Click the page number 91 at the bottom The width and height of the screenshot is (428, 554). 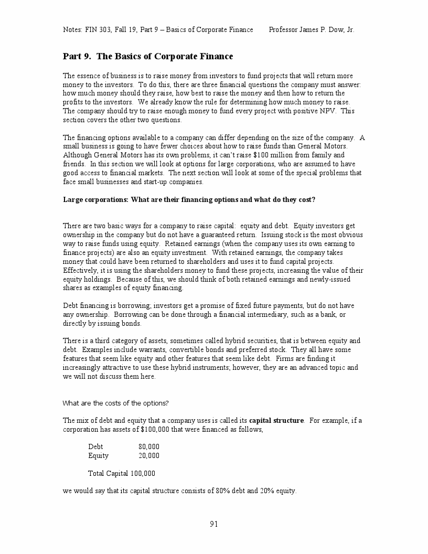coord(213,524)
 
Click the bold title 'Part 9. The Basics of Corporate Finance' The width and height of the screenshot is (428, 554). coord(148,57)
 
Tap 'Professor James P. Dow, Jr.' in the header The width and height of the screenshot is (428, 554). coord(311,29)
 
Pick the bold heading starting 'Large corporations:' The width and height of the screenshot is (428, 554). coord(189,199)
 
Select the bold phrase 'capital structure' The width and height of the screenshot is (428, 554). coord(276,420)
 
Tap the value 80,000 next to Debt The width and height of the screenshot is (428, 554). coord(149,446)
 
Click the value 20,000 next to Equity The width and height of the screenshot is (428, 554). coord(149,455)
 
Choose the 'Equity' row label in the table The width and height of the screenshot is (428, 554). coord(99,455)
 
